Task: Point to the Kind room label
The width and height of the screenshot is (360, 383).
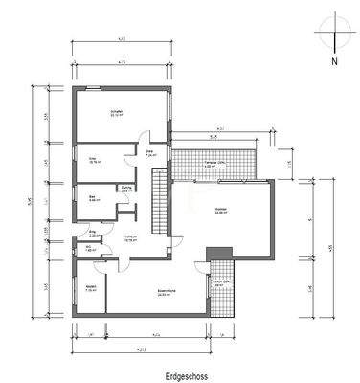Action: pos(95,161)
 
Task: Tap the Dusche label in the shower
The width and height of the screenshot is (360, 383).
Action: pos(125,188)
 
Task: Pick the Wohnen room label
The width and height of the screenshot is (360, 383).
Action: pos(219,211)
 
